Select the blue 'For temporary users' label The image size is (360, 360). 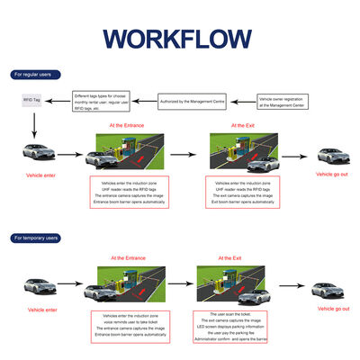[x=35, y=238]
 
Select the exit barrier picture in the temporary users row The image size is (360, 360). [x=232, y=285]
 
